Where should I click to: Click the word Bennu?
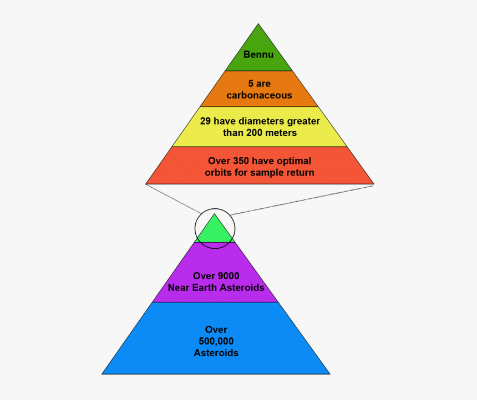coord(258,54)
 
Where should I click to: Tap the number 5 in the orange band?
coord(251,83)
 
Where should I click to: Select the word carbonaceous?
coord(259,95)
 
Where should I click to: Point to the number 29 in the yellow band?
coord(205,121)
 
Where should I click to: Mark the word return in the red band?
coord(301,173)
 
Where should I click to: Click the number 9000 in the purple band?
coord(229,276)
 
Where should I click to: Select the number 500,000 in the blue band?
coord(216,341)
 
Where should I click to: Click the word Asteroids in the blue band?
coord(216,352)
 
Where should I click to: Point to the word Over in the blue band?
coord(216,330)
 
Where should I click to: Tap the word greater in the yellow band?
coord(303,121)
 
